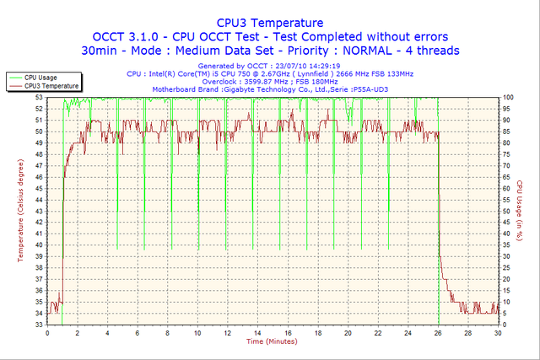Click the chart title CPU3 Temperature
269,23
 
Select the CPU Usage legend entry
41,78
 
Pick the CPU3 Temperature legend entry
51,86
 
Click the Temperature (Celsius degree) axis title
8,205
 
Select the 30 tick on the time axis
499,332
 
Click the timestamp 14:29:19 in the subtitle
323,66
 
